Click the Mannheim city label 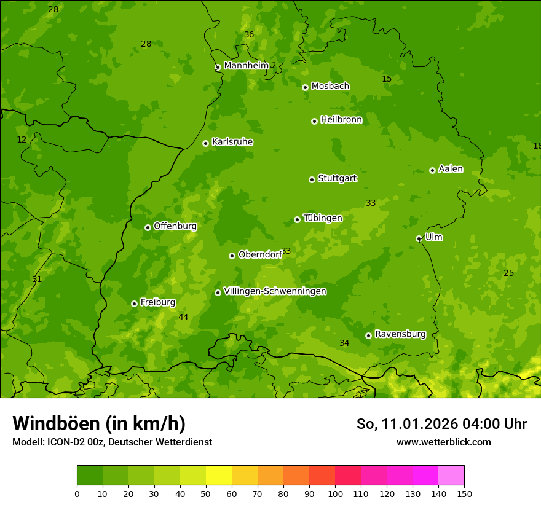(246, 66)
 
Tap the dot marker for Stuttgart (312, 179)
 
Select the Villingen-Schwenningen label (275, 291)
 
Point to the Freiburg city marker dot (134, 304)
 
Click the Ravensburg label (400, 334)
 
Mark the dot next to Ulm (419, 238)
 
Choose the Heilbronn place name (341, 120)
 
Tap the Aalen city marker (432, 170)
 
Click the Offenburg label (175, 226)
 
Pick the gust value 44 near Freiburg (183, 317)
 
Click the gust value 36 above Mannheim (249, 35)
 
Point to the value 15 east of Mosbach (387, 79)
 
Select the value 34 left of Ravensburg (344, 343)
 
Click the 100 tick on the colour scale (335, 493)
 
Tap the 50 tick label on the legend (206, 493)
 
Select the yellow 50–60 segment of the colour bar (219, 476)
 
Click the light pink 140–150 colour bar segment (451, 476)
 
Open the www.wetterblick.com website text (443, 442)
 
